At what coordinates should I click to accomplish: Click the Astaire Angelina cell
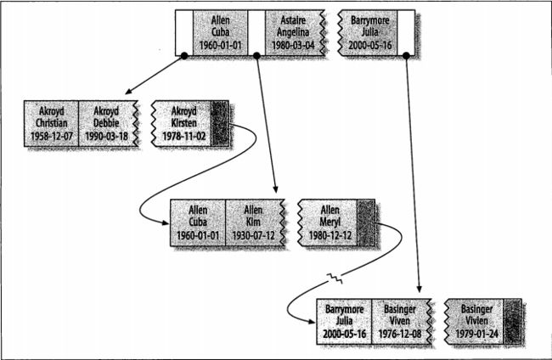click(295, 33)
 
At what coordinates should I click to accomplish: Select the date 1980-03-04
click(293, 45)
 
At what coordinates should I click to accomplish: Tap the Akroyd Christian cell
click(52, 123)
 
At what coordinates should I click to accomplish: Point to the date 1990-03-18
click(106, 136)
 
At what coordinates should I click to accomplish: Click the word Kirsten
click(183, 123)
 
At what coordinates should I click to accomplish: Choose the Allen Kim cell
click(255, 222)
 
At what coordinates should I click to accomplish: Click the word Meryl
click(330, 222)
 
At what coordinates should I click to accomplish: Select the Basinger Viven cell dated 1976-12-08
click(401, 322)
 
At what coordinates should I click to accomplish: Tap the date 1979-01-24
click(476, 334)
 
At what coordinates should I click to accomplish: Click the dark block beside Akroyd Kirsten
click(220, 123)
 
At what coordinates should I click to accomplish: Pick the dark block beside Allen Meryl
click(366, 222)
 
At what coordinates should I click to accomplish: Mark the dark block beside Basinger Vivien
click(512, 322)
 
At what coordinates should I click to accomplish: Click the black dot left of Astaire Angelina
click(256, 55)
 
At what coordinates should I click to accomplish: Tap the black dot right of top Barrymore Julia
click(406, 55)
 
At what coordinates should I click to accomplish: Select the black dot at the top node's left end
click(184, 55)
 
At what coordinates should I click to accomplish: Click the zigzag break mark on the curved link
click(334, 278)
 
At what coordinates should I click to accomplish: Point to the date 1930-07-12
click(253, 235)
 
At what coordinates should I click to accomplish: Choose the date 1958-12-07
click(52, 136)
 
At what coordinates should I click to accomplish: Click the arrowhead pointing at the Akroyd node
click(128, 92)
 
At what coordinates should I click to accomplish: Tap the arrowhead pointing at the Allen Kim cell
click(276, 189)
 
